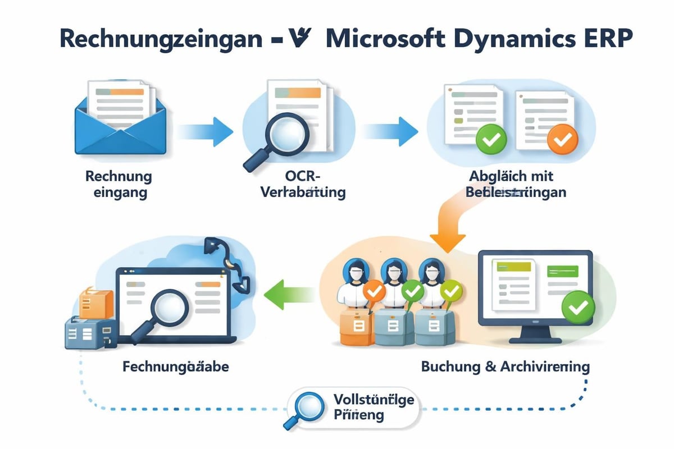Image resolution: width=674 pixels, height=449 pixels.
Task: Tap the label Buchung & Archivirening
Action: (x=505, y=367)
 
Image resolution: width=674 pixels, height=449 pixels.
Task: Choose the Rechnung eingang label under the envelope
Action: (x=119, y=184)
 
